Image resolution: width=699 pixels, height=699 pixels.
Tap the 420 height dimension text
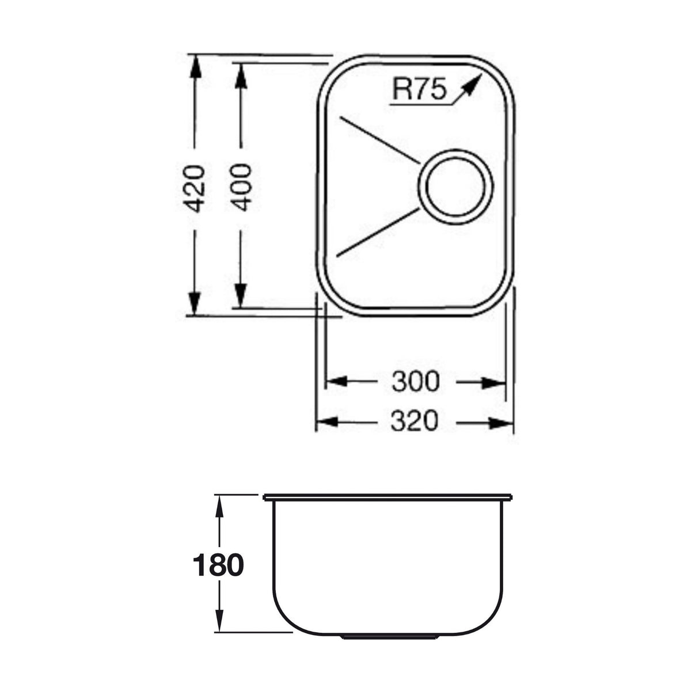[196, 188]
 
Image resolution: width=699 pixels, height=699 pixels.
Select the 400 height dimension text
[242, 187]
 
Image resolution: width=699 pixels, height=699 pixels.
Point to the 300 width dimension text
[415, 381]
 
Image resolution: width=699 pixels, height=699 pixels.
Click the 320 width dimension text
[415, 421]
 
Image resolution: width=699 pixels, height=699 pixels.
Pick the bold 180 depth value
[218, 565]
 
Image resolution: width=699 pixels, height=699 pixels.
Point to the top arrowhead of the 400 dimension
[241, 74]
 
